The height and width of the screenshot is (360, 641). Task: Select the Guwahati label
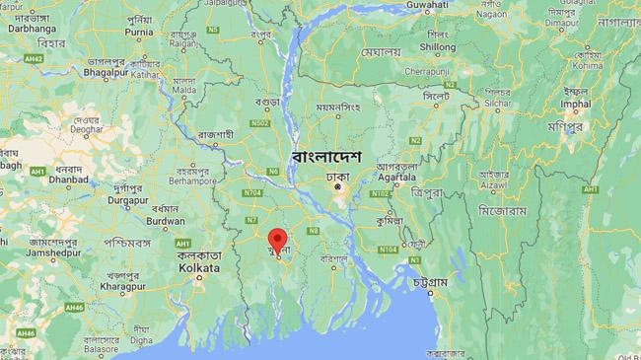click(x=426, y=5)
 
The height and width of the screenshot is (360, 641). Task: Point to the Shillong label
click(x=438, y=46)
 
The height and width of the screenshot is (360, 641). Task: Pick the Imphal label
click(x=575, y=103)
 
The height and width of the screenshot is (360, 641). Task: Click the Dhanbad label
click(x=67, y=181)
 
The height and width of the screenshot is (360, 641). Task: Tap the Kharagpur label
click(x=123, y=285)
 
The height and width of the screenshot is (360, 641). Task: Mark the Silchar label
click(x=497, y=103)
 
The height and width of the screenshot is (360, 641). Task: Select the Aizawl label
click(x=494, y=184)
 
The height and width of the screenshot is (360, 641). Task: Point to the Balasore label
click(x=100, y=349)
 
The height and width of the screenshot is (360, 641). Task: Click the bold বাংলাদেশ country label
click(x=326, y=157)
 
